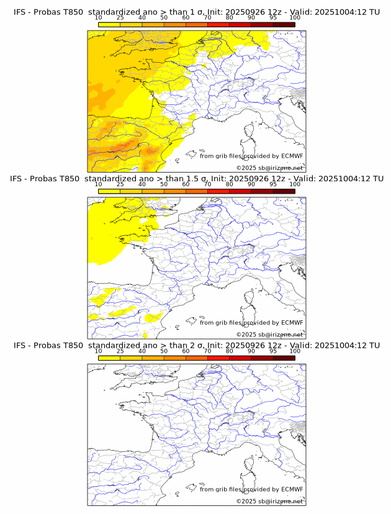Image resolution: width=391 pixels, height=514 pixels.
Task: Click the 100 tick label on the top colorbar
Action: [295, 18]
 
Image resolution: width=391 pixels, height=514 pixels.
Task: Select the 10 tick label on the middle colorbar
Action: [99, 184]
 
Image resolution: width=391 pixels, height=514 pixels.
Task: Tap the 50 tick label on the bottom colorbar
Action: [164, 351]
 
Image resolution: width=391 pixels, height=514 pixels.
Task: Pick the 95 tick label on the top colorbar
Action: [273, 18]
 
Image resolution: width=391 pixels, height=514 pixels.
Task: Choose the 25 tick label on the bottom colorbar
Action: [120, 351]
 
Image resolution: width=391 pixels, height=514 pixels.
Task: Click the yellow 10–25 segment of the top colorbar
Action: [109, 24]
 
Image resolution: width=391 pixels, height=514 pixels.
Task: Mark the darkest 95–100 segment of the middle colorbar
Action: [284, 191]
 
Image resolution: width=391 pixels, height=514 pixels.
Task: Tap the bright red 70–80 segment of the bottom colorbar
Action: [218, 357]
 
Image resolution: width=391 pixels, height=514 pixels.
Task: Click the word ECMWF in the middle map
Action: [292, 323]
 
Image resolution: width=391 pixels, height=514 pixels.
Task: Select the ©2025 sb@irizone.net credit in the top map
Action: [269, 168]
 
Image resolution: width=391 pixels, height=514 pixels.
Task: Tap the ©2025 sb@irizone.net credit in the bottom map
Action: [269, 501]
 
